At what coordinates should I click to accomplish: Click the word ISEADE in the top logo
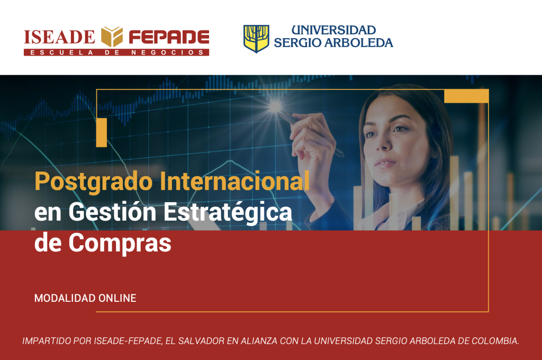59,37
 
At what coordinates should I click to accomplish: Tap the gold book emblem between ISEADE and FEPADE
112,37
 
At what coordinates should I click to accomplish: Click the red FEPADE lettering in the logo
169,37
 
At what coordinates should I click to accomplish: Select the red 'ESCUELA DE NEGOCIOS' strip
116,52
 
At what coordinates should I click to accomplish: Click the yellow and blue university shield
256,39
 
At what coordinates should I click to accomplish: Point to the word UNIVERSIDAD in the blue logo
333,30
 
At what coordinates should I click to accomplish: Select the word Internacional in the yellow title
234,181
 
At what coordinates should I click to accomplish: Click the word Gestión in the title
112,211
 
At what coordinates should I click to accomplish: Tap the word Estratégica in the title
228,212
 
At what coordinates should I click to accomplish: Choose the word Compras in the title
120,244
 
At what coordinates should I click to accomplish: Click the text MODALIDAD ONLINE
85,298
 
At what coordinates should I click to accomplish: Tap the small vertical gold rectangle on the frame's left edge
102,132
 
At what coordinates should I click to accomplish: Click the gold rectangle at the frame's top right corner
466,96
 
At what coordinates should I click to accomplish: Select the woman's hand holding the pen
313,142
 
